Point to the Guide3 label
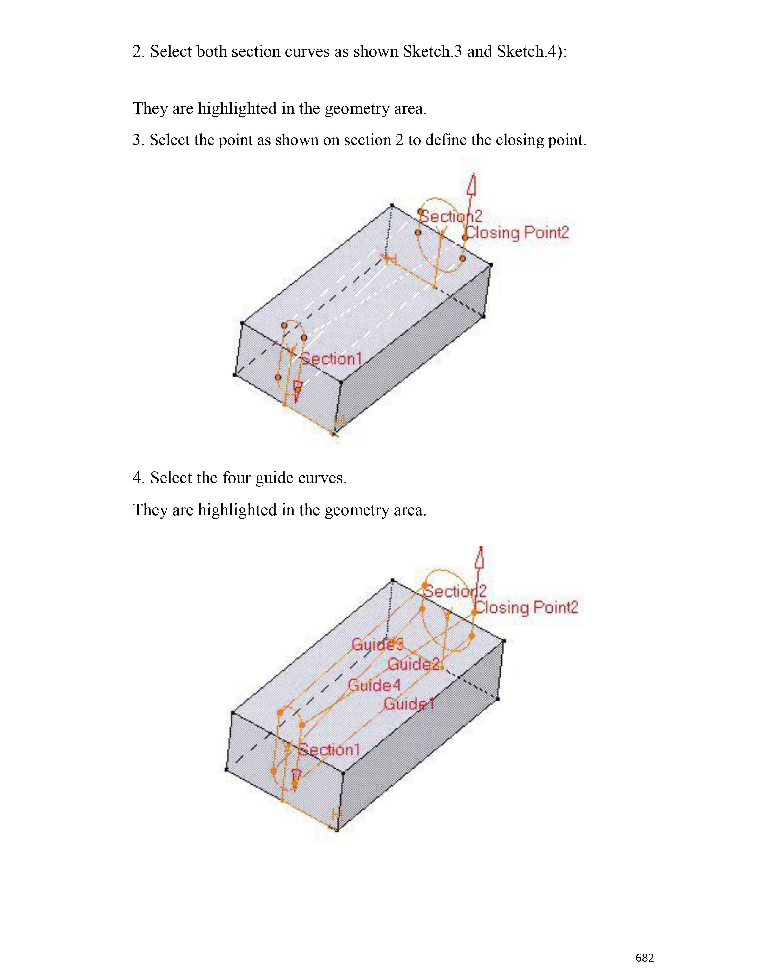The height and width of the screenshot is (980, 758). click(377, 644)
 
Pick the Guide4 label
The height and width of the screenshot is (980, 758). click(374, 685)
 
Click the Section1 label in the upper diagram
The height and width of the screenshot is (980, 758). click(331, 359)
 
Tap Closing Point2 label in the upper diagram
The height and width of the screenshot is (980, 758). click(517, 233)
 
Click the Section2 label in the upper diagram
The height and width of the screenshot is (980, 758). click(450, 216)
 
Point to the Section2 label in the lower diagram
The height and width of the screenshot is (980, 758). click(455, 591)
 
